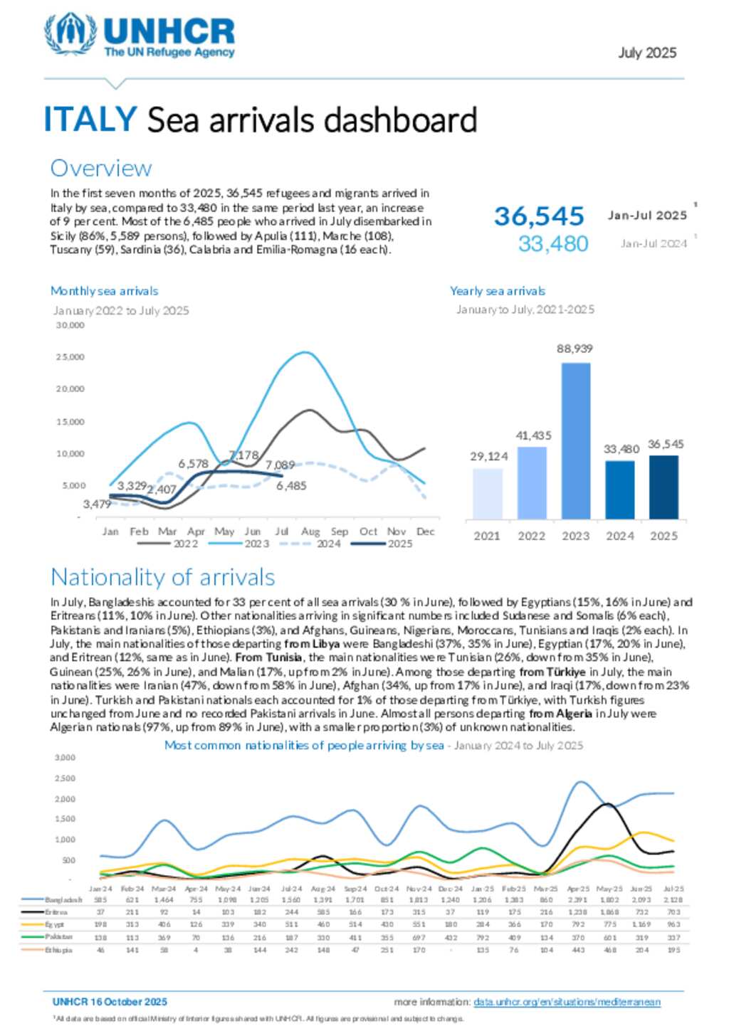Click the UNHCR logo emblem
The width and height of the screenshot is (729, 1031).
click(x=70, y=33)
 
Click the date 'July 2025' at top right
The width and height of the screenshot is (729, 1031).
click(x=646, y=53)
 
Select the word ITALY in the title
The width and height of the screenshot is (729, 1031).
click(x=90, y=119)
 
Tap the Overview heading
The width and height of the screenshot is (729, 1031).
click(x=100, y=169)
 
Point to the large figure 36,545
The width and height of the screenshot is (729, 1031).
click(x=539, y=216)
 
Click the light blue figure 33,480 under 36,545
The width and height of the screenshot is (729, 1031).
click(x=552, y=244)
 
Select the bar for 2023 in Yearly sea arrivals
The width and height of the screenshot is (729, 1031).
click(x=575, y=440)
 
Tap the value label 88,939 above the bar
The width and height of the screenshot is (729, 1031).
click(x=575, y=349)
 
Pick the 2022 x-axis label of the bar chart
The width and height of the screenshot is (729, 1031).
click(x=531, y=536)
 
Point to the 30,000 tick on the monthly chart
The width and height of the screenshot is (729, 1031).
click(x=70, y=325)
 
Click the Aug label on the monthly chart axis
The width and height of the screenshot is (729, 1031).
click(x=310, y=532)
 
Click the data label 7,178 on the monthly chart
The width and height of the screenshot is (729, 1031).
click(x=243, y=455)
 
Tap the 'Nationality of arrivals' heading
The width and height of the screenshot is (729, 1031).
click(x=162, y=577)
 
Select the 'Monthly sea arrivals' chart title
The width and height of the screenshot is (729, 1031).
click(x=104, y=291)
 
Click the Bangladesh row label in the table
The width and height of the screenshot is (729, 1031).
click(x=63, y=900)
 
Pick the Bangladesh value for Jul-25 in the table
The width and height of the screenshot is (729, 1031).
click(x=673, y=900)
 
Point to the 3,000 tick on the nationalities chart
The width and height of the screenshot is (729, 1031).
click(x=65, y=758)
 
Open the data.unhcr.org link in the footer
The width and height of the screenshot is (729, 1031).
click(x=567, y=1002)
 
